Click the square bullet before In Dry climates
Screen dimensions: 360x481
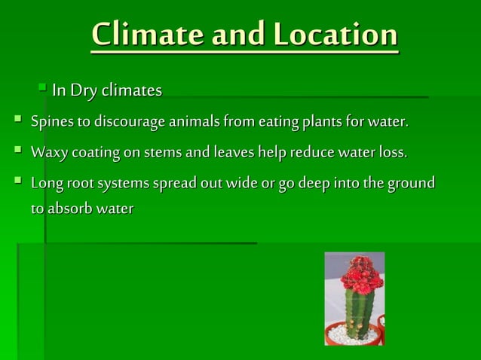(44, 90)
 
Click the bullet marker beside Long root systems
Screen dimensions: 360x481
(17, 183)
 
